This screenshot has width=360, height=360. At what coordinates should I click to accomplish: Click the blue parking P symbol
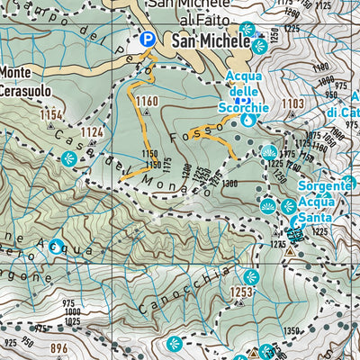147,40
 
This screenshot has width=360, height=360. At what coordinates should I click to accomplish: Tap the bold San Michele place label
210,41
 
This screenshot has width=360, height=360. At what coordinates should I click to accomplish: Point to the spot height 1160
147,101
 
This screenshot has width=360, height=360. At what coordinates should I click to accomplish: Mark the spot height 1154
52,115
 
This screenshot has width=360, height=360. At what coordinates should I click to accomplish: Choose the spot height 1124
93,132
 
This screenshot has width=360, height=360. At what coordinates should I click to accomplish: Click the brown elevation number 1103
292,104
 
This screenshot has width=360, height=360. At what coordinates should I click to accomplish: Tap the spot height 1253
240,292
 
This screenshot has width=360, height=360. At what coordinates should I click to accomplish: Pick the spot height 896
59,348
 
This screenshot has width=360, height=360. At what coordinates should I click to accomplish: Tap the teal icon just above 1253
251,276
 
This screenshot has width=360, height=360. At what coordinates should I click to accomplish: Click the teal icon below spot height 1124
68,159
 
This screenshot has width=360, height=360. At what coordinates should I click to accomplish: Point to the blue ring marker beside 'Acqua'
56,245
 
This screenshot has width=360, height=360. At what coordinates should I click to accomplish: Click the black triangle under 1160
146,112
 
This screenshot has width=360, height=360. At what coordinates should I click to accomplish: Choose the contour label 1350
314,331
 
